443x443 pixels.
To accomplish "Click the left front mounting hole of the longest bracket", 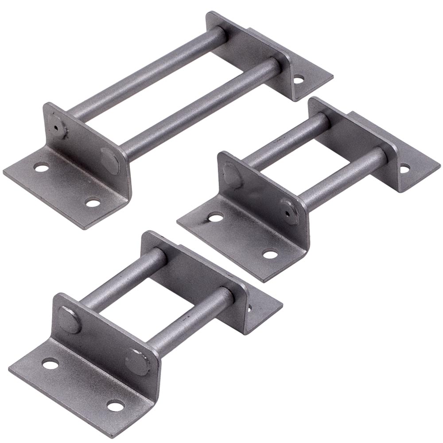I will (x=41, y=168).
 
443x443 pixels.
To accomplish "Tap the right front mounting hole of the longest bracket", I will (x=93, y=203).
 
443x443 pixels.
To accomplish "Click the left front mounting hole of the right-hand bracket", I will (x=216, y=217).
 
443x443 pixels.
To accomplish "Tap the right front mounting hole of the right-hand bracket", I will (x=269, y=254).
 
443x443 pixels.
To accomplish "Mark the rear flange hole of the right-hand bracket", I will (x=404, y=168).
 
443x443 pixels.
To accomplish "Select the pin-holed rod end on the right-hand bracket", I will (x=289, y=211).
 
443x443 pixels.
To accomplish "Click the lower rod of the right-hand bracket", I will (x=341, y=177).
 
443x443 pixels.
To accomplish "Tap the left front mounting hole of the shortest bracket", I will (x=51, y=364).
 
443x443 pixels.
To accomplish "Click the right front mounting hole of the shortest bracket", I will (x=115, y=405).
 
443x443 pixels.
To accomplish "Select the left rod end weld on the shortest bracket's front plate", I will (x=69, y=319).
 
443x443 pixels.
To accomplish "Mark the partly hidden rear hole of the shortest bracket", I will (x=249, y=307).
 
